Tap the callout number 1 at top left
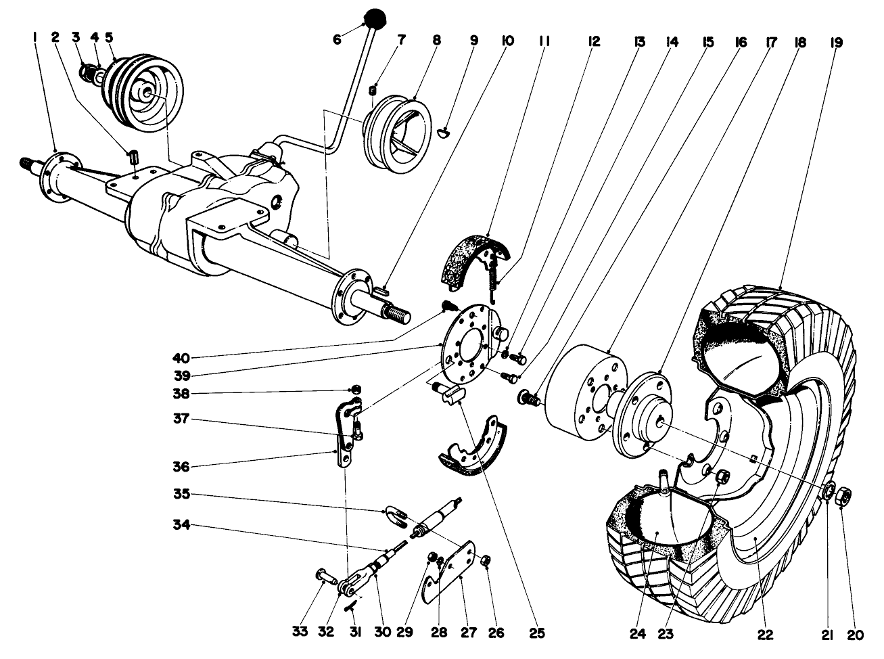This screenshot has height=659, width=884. click(x=34, y=41)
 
